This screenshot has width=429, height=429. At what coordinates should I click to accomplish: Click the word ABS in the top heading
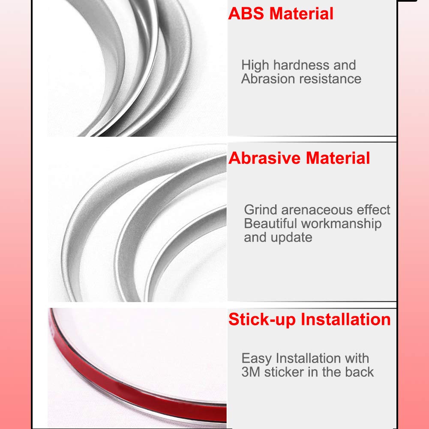(x=246, y=13)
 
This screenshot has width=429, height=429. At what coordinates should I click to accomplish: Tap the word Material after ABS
(x=301, y=13)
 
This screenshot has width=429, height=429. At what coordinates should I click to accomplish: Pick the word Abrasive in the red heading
(x=264, y=158)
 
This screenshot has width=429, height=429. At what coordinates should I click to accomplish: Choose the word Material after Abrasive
(x=338, y=158)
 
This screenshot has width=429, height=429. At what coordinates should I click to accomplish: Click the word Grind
(x=260, y=210)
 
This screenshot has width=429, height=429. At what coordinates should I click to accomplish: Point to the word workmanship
(x=341, y=224)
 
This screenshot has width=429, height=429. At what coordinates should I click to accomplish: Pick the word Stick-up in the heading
(x=262, y=319)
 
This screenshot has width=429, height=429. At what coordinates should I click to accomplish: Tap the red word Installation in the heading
(x=345, y=319)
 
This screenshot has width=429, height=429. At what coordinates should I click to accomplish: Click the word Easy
(x=257, y=358)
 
